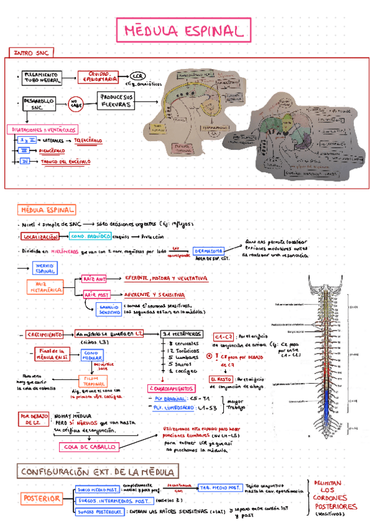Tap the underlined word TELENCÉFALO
point(89,141)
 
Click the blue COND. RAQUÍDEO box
point(89,236)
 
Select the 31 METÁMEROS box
point(178,334)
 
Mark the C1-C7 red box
point(224,337)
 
